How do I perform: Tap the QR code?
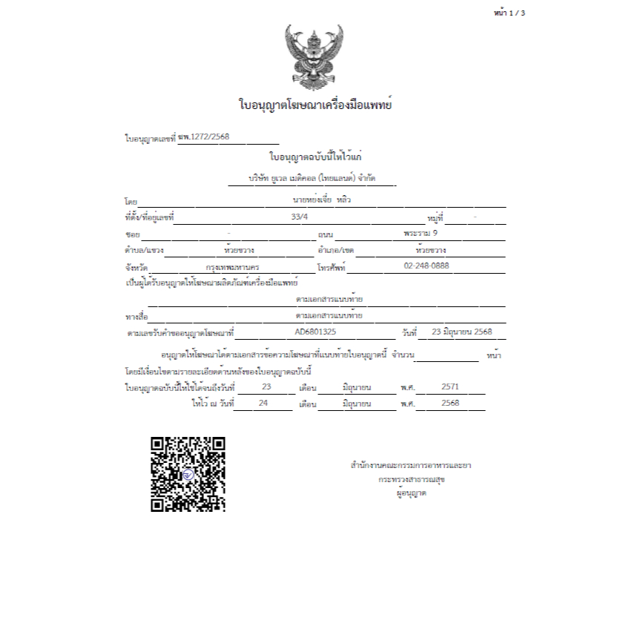tap(188, 474)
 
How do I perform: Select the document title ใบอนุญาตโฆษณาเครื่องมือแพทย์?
tap(315, 105)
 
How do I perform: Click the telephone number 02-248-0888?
tap(427, 266)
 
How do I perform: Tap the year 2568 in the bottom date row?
tap(450, 404)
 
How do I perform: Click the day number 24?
tap(263, 404)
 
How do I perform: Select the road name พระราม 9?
tap(421, 233)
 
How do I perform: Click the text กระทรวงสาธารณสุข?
tap(412, 479)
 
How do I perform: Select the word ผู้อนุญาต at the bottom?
tap(412, 493)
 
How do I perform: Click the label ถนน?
tap(324, 234)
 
